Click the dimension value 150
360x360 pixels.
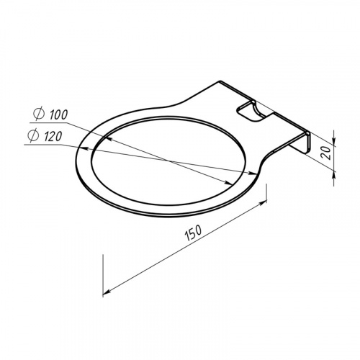click(194, 233)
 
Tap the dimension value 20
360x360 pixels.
click(326, 153)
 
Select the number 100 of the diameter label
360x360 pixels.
click(58, 115)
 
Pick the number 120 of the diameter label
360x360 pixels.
click(53, 137)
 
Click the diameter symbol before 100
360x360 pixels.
click(39, 114)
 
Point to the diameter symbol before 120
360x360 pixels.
click(33, 135)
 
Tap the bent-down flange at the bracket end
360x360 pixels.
click(302, 143)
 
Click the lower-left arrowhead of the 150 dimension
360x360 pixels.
click(107, 292)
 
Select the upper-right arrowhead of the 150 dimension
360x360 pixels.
click(263, 203)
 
